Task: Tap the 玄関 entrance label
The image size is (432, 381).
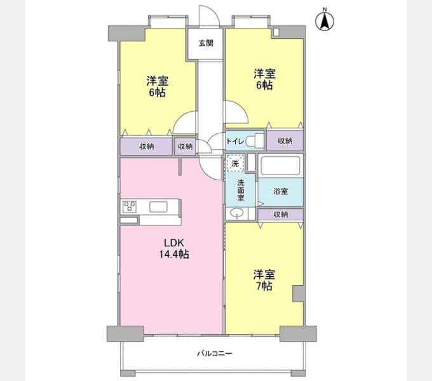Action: point(206,43)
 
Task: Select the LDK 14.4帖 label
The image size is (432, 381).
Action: point(174,248)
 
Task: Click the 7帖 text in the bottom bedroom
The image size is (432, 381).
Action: point(264,286)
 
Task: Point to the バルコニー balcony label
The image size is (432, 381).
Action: point(215,353)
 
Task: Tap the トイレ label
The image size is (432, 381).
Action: point(235,142)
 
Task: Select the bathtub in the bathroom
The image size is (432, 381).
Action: point(280,166)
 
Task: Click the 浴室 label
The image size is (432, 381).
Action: point(280,192)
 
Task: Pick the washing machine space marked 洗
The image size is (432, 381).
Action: point(235,163)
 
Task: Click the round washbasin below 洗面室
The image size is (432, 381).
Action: point(237,213)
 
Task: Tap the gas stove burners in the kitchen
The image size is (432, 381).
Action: point(129,207)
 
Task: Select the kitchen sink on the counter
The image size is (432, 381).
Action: point(158,207)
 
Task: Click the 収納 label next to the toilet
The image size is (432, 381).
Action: point(285,141)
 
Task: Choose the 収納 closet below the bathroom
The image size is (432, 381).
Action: point(280,215)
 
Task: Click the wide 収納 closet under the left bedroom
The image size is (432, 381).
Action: point(146,147)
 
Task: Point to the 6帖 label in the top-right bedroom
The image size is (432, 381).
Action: point(264,86)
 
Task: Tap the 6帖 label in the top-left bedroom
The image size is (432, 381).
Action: point(157,93)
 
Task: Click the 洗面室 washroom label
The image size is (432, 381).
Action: point(241,190)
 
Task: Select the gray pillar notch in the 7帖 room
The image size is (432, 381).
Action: point(299,294)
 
